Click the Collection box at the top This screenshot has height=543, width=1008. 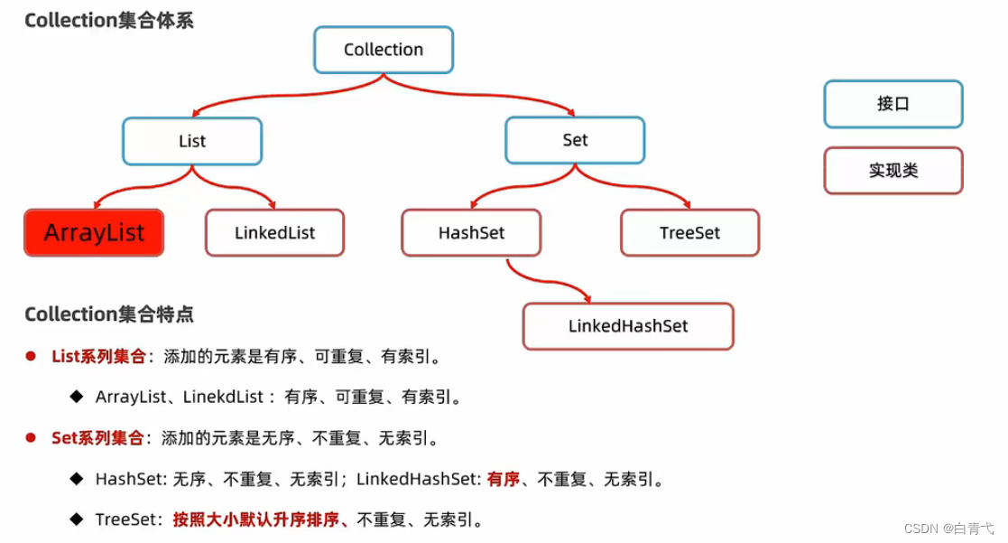(x=384, y=50)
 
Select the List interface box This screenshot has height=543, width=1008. (x=192, y=141)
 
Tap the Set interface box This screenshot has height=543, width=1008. (x=575, y=140)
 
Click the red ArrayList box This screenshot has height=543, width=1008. (x=94, y=232)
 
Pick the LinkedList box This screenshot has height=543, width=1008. (x=274, y=233)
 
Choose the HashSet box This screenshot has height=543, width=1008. (x=471, y=233)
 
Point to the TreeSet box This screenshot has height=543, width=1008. (x=689, y=233)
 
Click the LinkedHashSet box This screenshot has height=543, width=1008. (x=628, y=326)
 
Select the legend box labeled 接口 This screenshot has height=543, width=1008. (x=892, y=104)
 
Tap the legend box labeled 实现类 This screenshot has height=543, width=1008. (x=892, y=170)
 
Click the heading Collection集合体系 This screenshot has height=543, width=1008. (x=109, y=21)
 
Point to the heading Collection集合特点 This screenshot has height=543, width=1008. (x=109, y=314)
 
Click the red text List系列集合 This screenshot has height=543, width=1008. (x=98, y=357)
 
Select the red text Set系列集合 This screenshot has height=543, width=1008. (x=97, y=439)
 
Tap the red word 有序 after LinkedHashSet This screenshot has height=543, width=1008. (x=504, y=480)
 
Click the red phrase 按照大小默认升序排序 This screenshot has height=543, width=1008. (x=258, y=520)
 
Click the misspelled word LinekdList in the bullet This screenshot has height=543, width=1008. (x=223, y=397)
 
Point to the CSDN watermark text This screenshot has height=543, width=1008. (x=960, y=528)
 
